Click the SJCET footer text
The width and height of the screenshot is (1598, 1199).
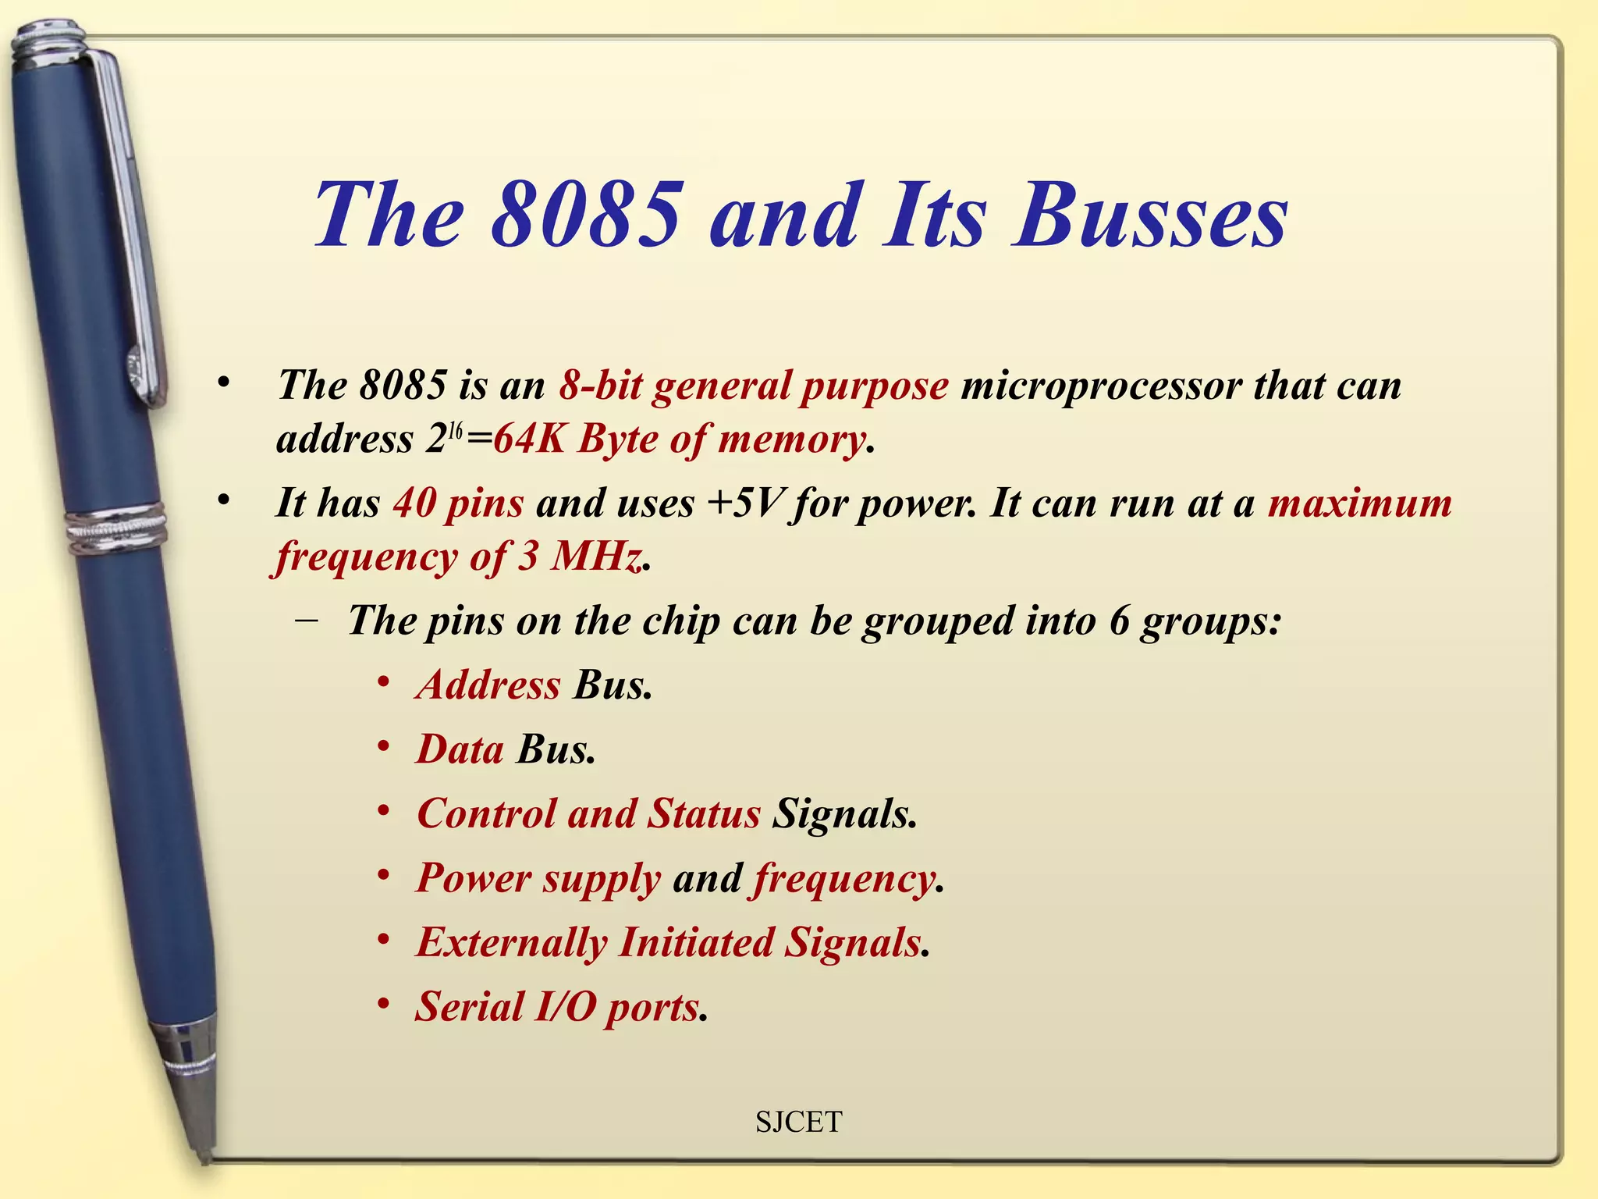[798, 1122]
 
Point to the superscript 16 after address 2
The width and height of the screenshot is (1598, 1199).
[456, 431]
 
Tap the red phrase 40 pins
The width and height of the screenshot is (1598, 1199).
[458, 503]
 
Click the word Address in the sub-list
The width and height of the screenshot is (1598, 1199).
[488, 685]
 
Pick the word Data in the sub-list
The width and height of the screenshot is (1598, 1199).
[460, 749]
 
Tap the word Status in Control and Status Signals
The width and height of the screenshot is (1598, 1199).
[704, 813]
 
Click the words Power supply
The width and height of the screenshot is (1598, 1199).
[538, 879]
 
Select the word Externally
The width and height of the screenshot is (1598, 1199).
[511, 942]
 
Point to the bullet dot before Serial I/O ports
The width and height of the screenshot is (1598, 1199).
[383, 1004]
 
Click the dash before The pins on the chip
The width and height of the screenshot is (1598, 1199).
[307, 621]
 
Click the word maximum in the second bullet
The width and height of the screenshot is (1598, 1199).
[1359, 503]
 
